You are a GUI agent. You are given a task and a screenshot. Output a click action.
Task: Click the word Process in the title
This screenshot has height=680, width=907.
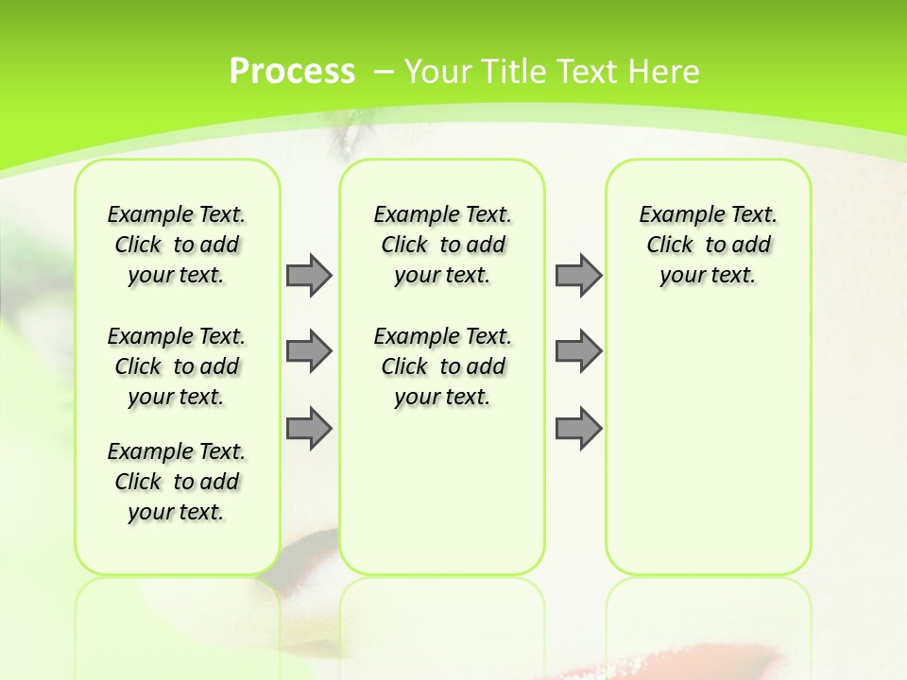click(292, 72)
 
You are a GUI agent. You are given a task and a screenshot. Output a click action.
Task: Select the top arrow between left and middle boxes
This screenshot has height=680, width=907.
click(309, 275)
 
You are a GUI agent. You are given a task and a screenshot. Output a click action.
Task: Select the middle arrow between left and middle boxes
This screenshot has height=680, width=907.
click(309, 351)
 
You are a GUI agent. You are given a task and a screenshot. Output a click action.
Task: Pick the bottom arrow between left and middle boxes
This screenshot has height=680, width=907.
click(309, 429)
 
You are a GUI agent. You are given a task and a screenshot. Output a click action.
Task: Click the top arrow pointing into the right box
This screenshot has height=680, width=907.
click(578, 275)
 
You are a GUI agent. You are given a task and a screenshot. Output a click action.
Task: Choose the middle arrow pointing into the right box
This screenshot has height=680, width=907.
click(578, 351)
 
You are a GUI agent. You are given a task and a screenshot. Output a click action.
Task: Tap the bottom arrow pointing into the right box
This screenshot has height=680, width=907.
click(578, 429)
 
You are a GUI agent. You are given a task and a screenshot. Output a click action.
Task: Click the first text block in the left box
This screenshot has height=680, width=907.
click(177, 245)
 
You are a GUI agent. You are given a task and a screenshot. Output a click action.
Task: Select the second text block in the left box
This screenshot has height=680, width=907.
click(177, 366)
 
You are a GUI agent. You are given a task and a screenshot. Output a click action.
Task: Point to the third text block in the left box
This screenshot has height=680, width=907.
click(177, 482)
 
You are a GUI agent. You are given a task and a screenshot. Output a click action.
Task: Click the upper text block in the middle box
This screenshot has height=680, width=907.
click(442, 245)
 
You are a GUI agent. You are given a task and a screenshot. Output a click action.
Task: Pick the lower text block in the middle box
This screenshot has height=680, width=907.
click(442, 366)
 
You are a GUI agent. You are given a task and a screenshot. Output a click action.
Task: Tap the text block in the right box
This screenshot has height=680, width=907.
click(708, 245)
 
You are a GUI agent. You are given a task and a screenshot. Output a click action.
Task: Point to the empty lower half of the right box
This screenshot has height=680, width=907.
click(708, 453)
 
